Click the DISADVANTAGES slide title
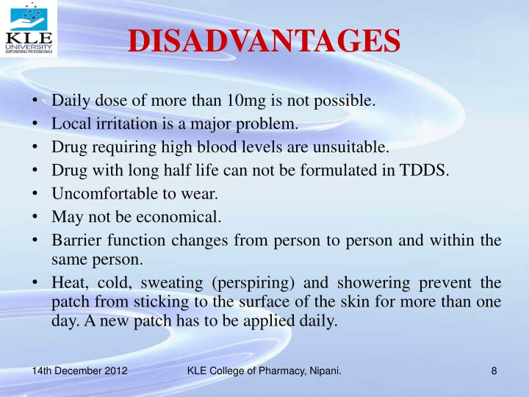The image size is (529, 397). coord(264,41)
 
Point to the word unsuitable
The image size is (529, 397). coord(349,147)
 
